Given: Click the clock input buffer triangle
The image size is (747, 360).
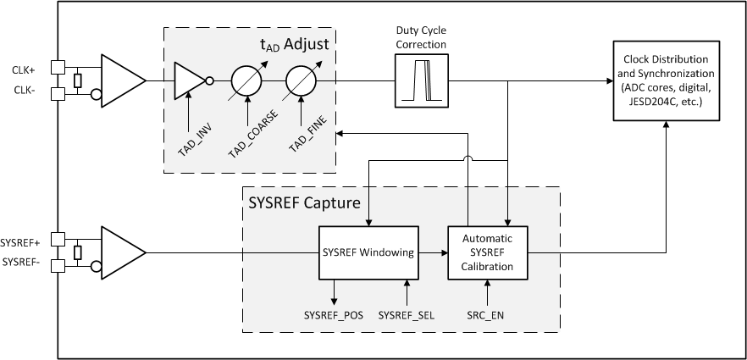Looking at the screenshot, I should point(121,80).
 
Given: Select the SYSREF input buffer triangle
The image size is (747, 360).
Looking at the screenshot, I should point(121,252).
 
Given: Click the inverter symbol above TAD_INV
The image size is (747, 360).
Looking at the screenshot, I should point(190,80).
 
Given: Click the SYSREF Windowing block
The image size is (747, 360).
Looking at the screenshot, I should point(368,252).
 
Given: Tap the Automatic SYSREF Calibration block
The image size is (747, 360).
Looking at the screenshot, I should point(486,252).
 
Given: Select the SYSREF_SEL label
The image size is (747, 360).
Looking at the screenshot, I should point(407,315).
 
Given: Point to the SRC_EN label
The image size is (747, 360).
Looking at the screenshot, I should point(486,315).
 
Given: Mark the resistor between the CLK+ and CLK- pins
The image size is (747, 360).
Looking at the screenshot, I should point(77,80).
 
